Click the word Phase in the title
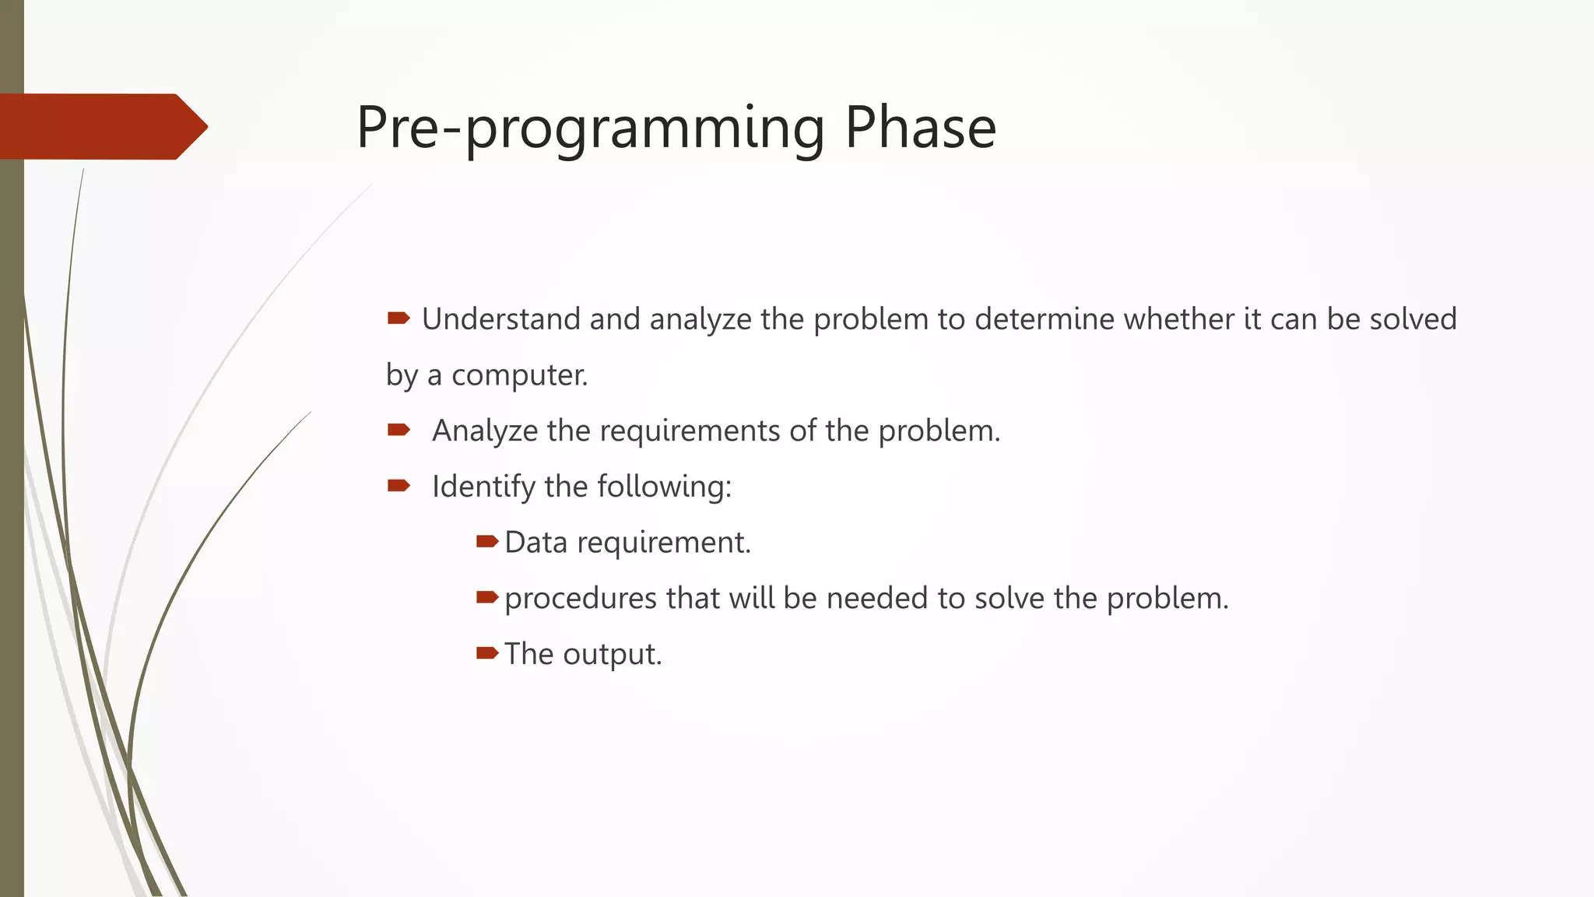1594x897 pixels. [920, 127]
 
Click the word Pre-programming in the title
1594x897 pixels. [590, 128]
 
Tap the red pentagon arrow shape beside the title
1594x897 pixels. [101, 127]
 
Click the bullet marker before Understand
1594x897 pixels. [398, 318]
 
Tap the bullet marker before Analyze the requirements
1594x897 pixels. [398, 429]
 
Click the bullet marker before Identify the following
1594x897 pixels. [398, 486]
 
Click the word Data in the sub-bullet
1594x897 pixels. [535, 543]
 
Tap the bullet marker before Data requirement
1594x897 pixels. [486, 541]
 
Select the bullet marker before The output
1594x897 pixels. [486, 653]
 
